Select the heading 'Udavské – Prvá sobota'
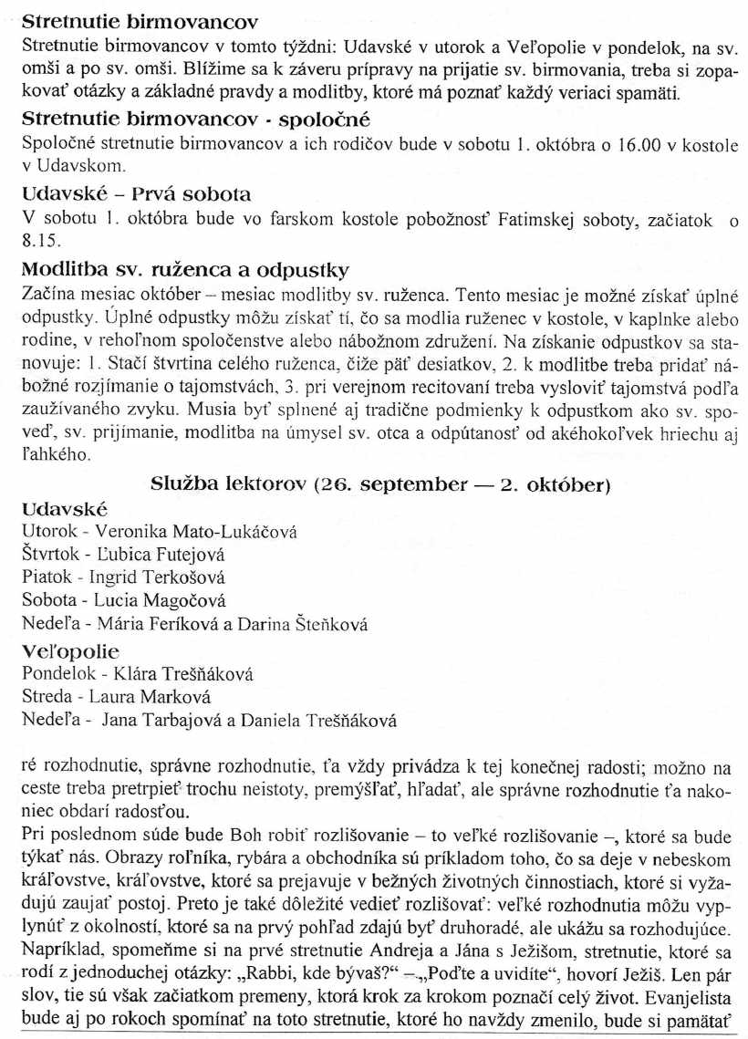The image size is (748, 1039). (x=136, y=194)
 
